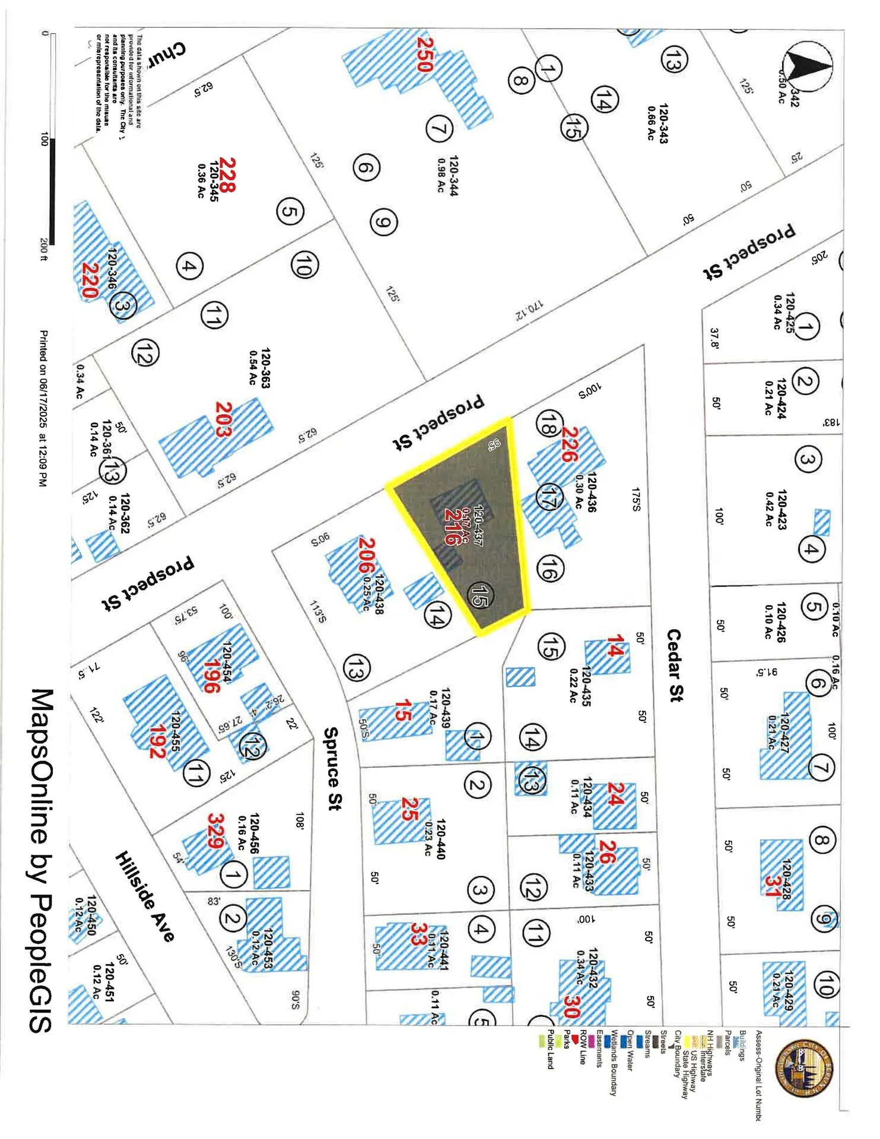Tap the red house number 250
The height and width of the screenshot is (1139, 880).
425,54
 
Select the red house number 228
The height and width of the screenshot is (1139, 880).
228,174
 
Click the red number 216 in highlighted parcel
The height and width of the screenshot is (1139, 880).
452,527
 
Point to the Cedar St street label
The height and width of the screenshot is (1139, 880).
675,665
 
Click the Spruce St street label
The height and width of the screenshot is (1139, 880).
333,768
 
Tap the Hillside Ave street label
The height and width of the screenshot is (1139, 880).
145,896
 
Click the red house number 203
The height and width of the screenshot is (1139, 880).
224,419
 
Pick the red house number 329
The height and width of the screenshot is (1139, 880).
215,831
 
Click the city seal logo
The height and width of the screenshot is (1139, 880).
804,1068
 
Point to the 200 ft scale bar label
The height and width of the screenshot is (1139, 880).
43,250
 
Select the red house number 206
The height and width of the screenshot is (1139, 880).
367,555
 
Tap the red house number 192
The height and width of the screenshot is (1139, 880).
157,742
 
